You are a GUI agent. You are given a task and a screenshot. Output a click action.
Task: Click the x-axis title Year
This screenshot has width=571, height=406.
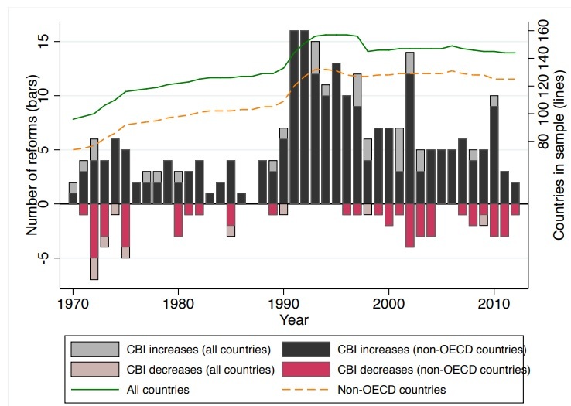click(x=294, y=319)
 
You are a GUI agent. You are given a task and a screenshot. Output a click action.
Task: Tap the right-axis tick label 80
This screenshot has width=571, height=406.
click(x=542, y=142)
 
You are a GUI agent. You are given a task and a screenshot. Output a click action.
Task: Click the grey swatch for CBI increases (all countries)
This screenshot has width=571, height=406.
click(x=97, y=350)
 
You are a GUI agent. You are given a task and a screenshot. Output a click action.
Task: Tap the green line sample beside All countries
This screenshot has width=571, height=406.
click(x=97, y=390)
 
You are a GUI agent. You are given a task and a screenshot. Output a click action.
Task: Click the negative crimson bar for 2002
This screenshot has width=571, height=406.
click(x=409, y=225)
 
